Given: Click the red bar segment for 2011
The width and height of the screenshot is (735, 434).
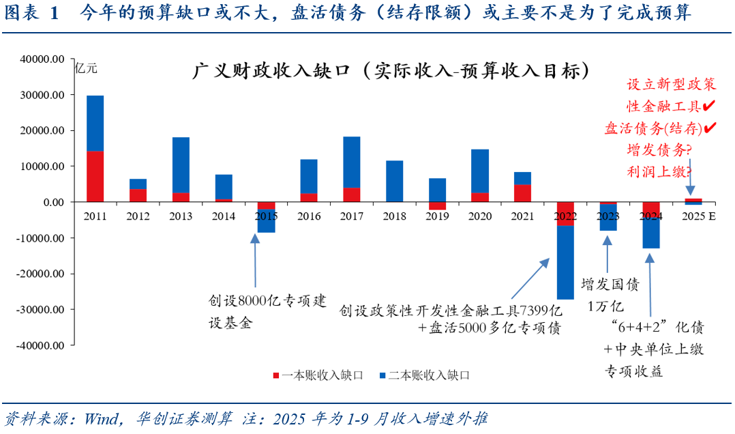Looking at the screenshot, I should pyautogui.click(x=95, y=176).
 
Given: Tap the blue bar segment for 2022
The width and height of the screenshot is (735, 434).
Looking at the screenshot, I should pyautogui.click(x=565, y=262).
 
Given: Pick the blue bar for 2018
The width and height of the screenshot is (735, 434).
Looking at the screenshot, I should pyautogui.click(x=394, y=181).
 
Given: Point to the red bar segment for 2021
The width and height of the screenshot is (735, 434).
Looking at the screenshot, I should pyautogui.click(x=523, y=193).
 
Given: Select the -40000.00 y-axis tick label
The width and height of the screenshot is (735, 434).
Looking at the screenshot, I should pyautogui.click(x=41, y=345).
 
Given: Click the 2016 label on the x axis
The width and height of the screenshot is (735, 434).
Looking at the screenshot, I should pyautogui.click(x=309, y=216).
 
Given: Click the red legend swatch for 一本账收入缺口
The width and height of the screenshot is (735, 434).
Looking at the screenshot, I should pyautogui.click(x=276, y=375).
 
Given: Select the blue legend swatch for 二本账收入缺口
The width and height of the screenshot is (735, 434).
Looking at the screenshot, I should pyautogui.click(x=382, y=375).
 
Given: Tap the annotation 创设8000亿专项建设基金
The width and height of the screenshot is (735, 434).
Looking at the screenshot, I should pyautogui.click(x=258, y=311).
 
